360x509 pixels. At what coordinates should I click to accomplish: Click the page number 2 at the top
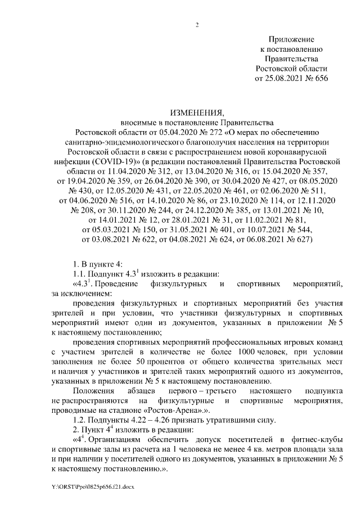pos(197,24)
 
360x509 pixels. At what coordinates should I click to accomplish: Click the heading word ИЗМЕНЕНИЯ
pos(197,112)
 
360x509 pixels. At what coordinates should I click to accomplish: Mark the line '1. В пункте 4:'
pos(99,264)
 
